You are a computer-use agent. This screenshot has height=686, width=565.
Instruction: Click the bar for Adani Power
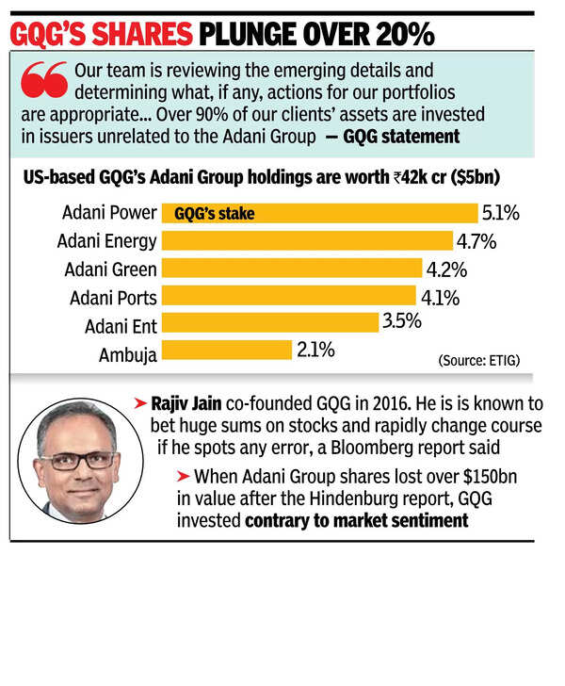tap(320, 213)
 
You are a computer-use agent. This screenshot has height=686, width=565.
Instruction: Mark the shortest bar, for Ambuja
tap(227, 351)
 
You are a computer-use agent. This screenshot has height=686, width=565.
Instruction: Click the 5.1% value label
tap(501, 213)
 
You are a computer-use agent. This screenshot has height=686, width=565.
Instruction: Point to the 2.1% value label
tap(315, 351)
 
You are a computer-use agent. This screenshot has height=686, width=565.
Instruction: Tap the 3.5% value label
tap(401, 322)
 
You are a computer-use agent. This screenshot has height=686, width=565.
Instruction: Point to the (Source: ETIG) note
tap(477, 361)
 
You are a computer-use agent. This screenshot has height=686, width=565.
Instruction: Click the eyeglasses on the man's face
tap(77, 461)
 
